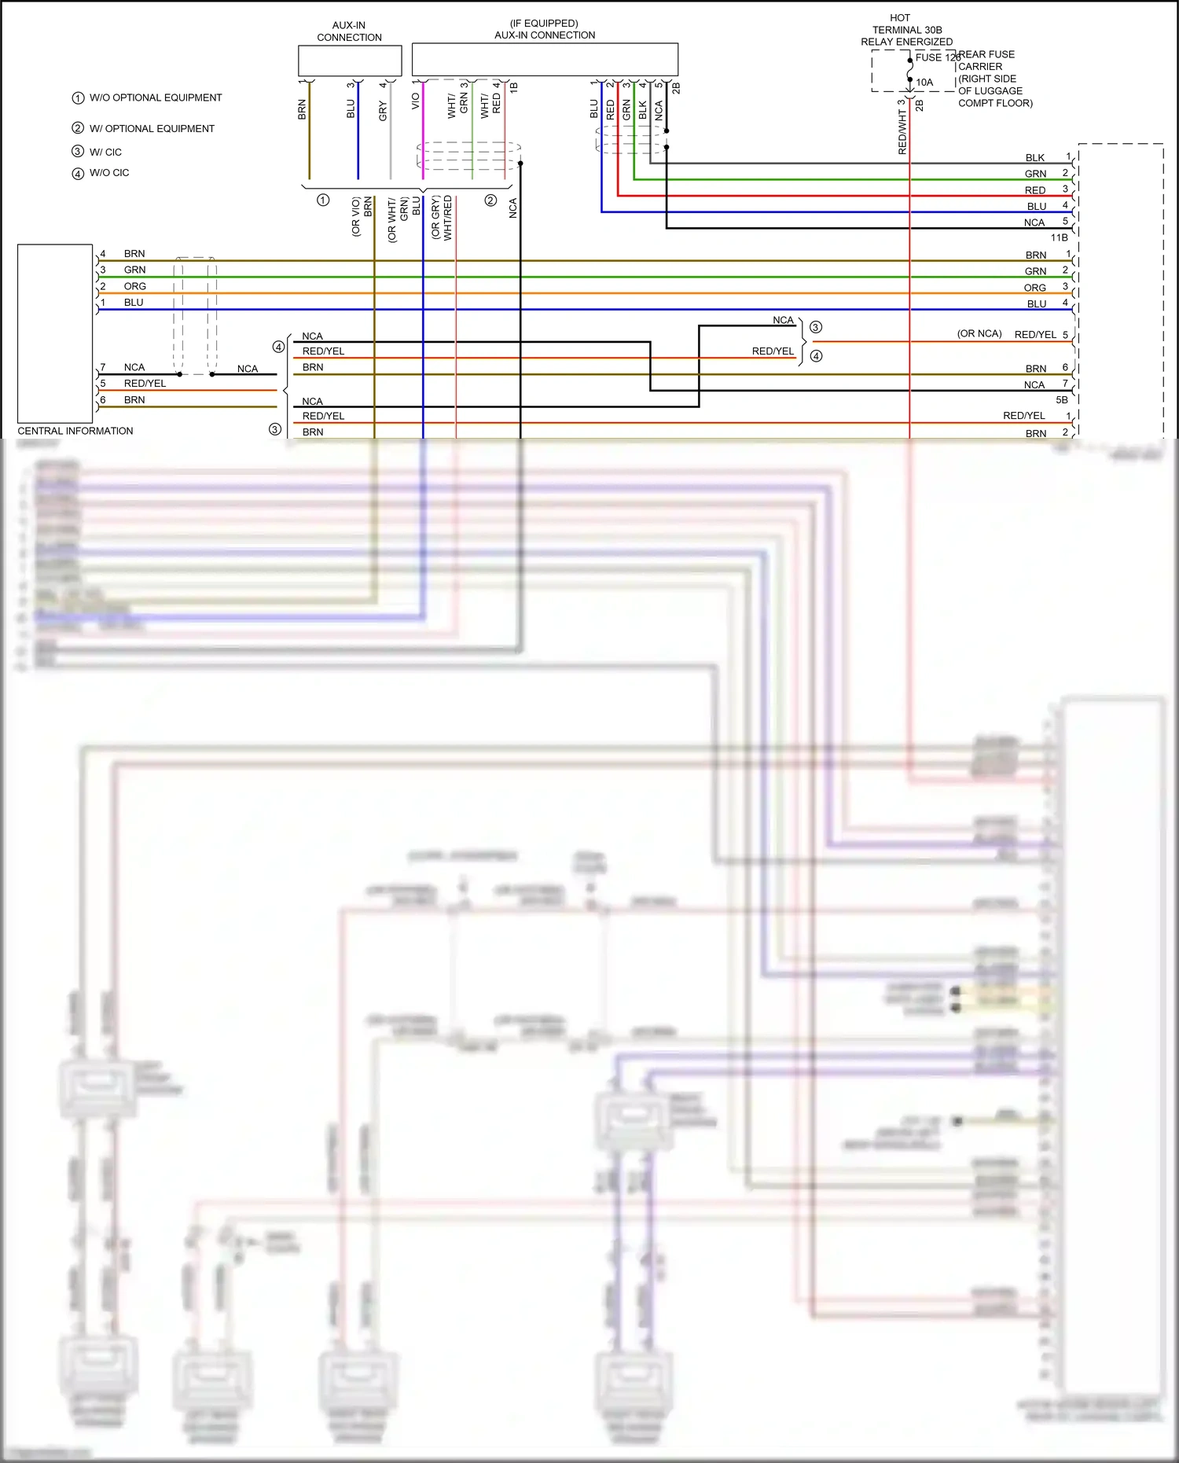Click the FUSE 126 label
pos(937,57)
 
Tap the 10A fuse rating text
pos(924,82)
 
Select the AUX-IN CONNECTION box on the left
pos(350,61)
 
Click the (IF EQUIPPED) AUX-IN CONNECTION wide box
pos(545,60)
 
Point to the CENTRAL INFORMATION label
pos(75,431)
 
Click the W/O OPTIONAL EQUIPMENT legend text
pos(156,97)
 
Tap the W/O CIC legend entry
pos(109,173)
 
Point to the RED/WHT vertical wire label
pos(902,131)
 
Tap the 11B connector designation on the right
pos(1059,237)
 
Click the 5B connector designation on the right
pos(1061,400)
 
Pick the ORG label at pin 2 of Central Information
pos(134,286)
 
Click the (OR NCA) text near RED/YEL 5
pos(979,333)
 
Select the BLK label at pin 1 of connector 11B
pos(1034,158)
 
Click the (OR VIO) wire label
pos(356,217)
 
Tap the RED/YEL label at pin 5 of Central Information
pos(145,384)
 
